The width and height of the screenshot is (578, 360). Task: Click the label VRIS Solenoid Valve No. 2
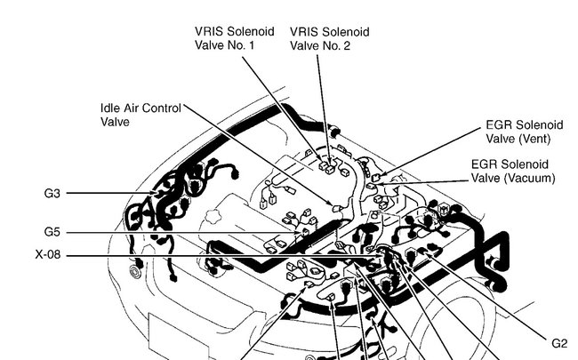tap(329, 38)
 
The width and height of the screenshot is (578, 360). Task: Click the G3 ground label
tap(52, 193)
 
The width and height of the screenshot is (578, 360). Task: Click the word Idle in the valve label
tap(111, 108)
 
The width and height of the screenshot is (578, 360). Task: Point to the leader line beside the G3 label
tap(98, 193)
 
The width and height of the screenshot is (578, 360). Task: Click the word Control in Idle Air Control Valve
tap(162, 108)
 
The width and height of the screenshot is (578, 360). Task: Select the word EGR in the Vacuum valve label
tap(486, 164)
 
